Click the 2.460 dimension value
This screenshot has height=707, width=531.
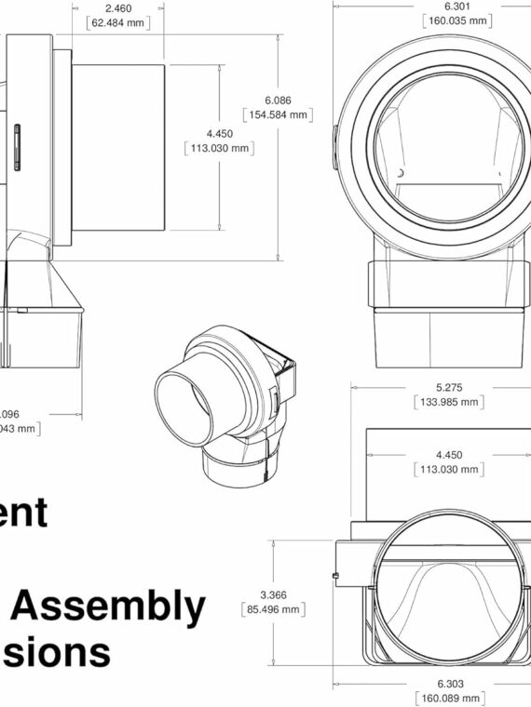[x=116, y=7]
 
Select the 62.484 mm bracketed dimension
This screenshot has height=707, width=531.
[x=116, y=22]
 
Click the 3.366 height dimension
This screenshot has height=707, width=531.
[x=272, y=594]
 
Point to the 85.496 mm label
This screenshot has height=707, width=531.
[x=272, y=609]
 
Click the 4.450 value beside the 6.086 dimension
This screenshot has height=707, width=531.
[x=220, y=133]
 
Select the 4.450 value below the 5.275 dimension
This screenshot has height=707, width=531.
[x=448, y=455]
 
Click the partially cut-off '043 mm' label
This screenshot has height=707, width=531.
[x=20, y=429]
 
